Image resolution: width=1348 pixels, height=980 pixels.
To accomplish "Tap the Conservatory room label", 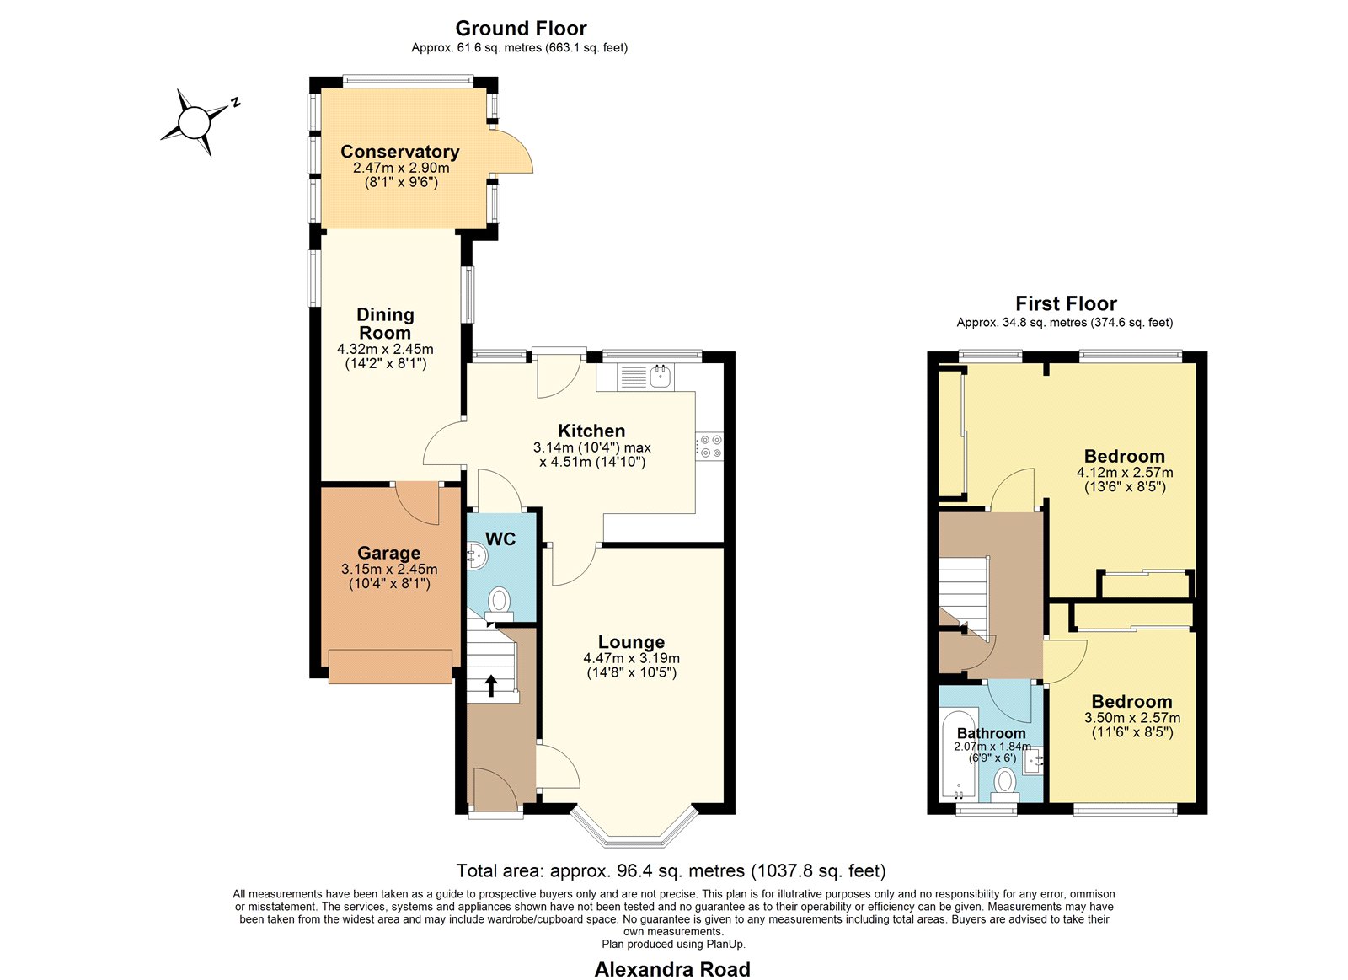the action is pos(399,152).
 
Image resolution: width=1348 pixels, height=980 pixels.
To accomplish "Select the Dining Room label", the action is pos(384,324).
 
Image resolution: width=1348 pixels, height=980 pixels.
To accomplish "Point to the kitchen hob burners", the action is pos(709,447).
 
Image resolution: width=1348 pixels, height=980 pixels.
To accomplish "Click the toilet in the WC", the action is pos(499,604).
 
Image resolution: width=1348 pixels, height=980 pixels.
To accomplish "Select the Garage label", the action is pos(388,553).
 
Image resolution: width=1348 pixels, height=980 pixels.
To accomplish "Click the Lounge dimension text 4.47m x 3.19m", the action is pos(631,658).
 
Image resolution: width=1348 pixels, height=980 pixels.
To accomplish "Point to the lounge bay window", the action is pos(634,826).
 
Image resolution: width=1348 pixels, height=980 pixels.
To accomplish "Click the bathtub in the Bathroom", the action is pos(958,756).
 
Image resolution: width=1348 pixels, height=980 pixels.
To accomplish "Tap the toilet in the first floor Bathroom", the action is pos(1004,785).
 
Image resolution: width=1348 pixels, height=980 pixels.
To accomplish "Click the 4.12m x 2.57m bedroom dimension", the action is pos(1125,473).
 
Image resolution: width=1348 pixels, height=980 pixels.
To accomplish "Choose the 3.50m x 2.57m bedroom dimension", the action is pos(1132,718).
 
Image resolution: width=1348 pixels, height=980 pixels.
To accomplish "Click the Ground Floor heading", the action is pos(521,29).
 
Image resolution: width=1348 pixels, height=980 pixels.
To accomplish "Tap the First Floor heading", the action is pos(1066,303).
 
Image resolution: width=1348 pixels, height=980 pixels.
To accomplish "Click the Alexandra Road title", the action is pos(672,969).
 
